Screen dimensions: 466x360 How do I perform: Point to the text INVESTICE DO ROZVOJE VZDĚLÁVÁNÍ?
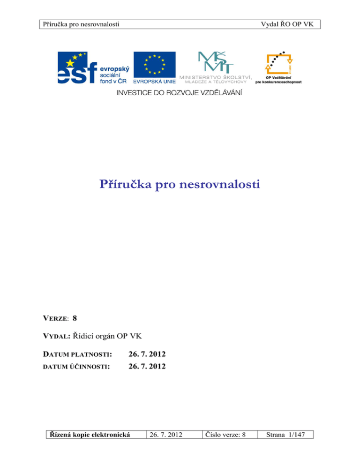point(180,92)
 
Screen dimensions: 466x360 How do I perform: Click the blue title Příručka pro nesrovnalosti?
point(180,184)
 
